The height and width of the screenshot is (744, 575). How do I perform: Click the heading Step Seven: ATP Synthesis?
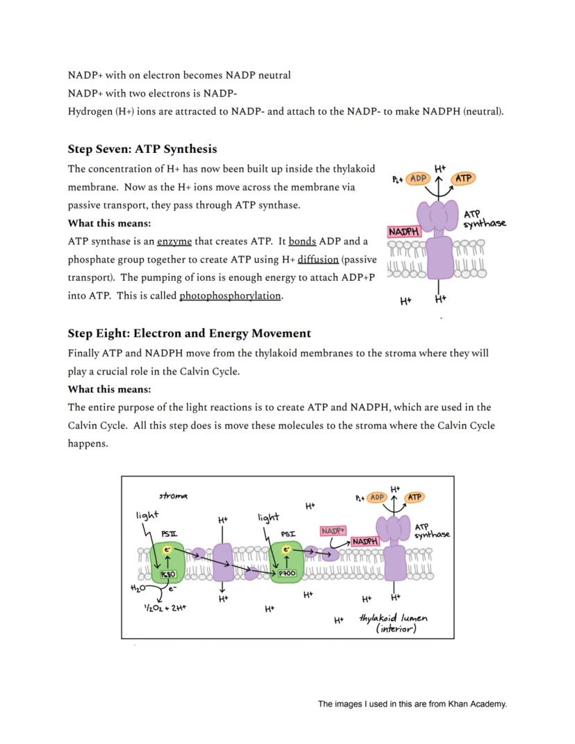point(142,149)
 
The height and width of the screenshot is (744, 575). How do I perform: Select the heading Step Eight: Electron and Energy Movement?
point(189,333)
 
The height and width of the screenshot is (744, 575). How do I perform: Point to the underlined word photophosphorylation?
point(230,295)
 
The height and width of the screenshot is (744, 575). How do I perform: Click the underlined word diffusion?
point(318,259)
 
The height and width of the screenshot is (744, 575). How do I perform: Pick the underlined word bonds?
point(302,241)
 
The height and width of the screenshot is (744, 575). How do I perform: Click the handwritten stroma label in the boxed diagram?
point(173,496)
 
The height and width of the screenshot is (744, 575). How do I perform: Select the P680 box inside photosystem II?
point(169,574)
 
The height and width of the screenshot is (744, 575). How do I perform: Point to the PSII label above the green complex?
point(169,534)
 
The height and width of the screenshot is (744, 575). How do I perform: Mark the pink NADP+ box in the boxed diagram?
point(333,531)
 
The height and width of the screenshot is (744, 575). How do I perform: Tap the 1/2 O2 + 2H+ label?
point(165,606)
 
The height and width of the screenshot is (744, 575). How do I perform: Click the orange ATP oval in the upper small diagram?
point(463,179)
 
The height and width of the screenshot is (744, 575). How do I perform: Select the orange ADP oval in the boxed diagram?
point(377,497)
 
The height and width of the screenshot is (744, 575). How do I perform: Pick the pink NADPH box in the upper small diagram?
point(404,231)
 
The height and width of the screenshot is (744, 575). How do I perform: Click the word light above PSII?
point(147,515)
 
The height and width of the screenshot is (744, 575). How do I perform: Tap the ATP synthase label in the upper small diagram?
point(483,218)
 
